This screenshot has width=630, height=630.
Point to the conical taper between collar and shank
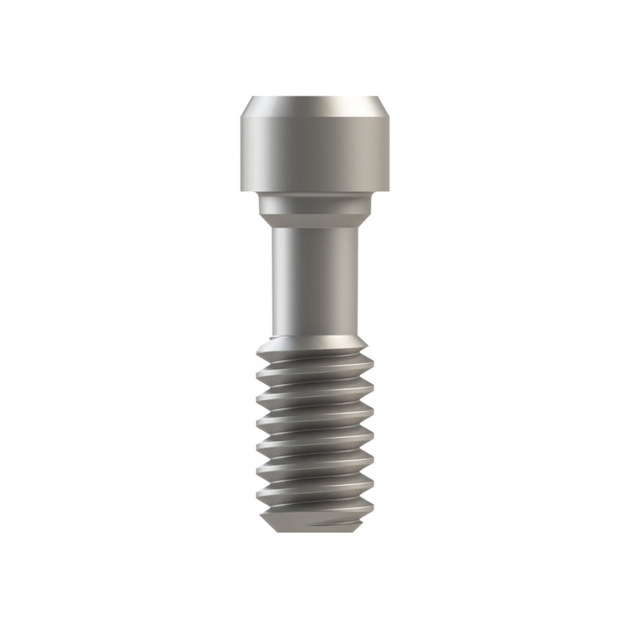point(315,220)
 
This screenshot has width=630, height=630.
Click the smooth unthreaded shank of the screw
point(315,276)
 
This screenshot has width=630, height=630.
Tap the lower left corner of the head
point(241,191)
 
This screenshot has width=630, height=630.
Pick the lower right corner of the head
point(389,191)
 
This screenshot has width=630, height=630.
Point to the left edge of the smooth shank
point(273,276)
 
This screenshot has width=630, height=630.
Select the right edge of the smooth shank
point(357,276)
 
